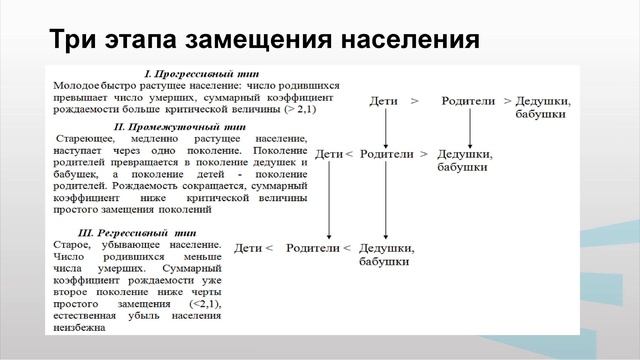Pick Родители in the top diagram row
[x=469, y=102]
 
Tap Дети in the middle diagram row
[x=328, y=155]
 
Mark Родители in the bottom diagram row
[x=312, y=248]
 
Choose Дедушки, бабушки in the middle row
[x=464, y=161]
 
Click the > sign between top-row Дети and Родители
[x=414, y=102]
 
